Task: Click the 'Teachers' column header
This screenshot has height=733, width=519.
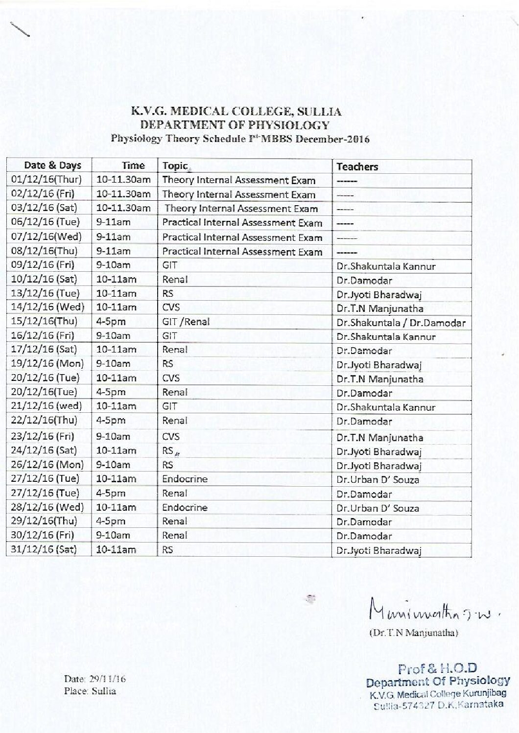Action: [x=357, y=166]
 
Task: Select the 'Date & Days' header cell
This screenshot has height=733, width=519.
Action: [x=52, y=166]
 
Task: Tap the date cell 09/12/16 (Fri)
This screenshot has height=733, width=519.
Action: [x=43, y=265]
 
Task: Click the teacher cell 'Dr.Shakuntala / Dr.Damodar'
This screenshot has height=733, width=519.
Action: [x=401, y=323]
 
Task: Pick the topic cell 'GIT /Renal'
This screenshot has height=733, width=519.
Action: [x=186, y=322]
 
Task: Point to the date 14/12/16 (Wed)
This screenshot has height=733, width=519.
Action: [x=47, y=307]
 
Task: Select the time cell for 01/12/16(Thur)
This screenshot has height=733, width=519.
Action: [x=123, y=180]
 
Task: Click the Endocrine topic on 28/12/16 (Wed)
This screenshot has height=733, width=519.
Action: [x=185, y=507]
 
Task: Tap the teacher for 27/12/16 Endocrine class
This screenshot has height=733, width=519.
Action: [x=377, y=479]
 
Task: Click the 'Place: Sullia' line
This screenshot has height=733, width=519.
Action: [x=90, y=691]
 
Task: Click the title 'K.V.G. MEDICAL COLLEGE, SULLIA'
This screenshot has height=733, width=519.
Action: [x=236, y=112]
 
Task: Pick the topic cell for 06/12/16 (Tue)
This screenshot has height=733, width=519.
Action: [x=242, y=222]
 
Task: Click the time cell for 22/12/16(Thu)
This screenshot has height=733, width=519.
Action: [x=111, y=420]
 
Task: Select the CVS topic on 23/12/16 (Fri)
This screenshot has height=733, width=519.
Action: [x=171, y=436]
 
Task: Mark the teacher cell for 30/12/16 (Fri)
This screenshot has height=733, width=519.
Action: [x=364, y=536]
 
